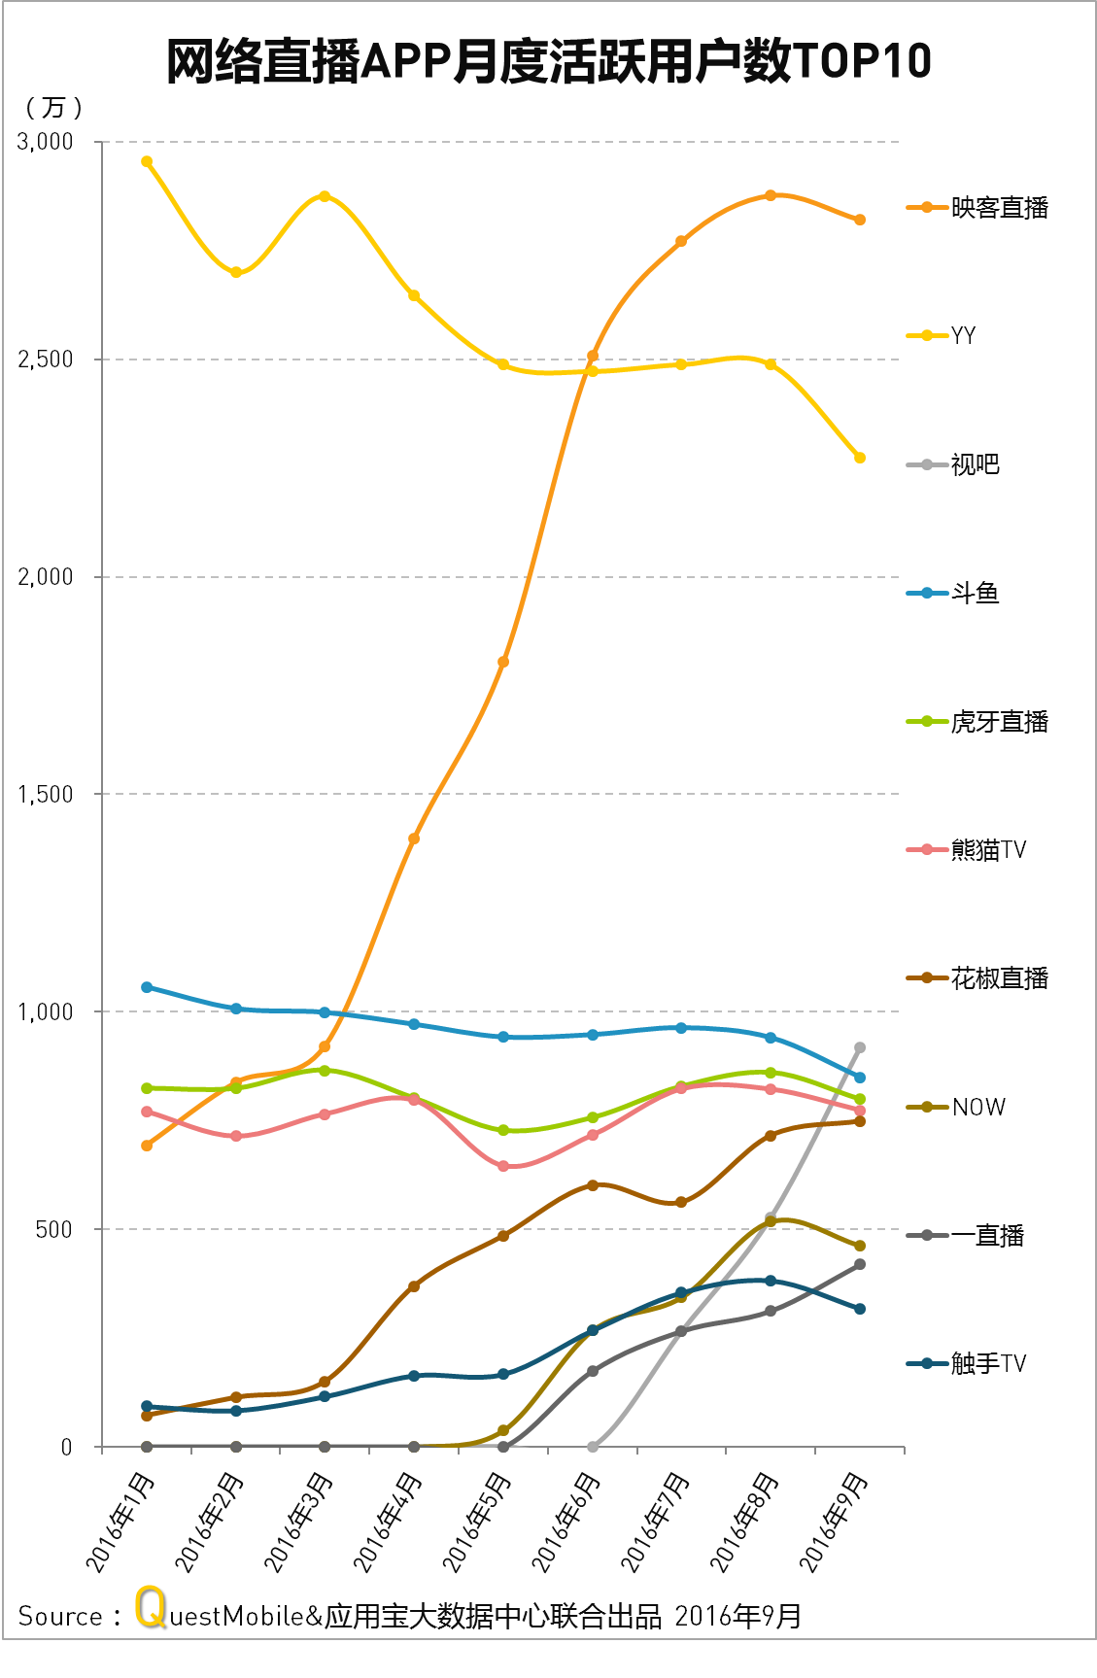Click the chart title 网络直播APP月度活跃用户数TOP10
tap(548, 62)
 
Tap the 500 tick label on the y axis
tap(54, 1229)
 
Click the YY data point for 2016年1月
tap(147, 161)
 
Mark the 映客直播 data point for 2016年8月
tap(771, 195)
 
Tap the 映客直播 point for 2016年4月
tap(414, 839)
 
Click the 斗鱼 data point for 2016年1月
tap(147, 987)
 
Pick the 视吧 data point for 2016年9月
tap(860, 1047)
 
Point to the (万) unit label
tap(53, 107)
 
